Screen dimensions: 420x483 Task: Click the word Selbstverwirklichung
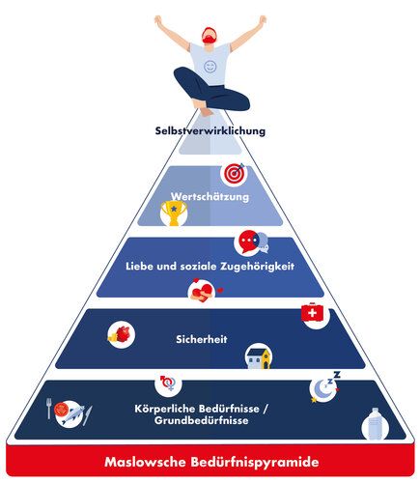coord(210,130)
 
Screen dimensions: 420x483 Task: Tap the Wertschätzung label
coord(210,196)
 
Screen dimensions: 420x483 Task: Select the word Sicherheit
coord(202,339)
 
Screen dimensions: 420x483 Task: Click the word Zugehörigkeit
coord(257,267)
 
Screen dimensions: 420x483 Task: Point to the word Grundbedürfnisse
coord(201,420)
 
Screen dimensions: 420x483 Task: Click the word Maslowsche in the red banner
coord(145,462)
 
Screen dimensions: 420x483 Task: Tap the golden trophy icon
coord(174,213)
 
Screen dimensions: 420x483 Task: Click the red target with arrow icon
coord(235,174)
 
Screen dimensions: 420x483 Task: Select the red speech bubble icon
coord(248,241)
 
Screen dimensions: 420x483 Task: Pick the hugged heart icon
coord(202,291)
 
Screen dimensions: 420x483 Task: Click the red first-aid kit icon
coord(312,312)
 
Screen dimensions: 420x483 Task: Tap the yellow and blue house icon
coord(259,357)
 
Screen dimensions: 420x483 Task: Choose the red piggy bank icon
coord(122,335)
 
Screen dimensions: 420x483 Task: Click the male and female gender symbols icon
coord(168,383)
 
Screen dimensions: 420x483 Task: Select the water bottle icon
coord(375,424)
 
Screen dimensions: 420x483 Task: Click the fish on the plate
coord(73,414)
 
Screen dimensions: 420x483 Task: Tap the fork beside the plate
coord(49,409)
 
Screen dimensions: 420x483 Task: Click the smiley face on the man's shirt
coord(210,67)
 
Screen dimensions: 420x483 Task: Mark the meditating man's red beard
coord(210,39)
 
